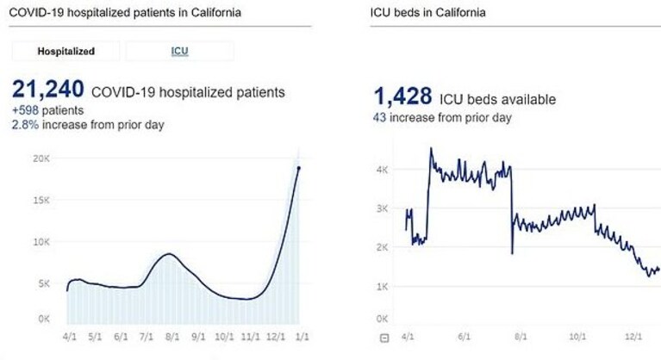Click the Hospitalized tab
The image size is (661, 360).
65,52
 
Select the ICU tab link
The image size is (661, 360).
179,52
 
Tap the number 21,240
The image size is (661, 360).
48,90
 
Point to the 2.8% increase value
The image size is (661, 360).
25,125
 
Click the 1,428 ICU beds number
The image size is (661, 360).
403,96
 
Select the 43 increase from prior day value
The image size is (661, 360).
379,117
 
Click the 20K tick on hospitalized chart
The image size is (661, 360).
41,158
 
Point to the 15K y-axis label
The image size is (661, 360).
41,201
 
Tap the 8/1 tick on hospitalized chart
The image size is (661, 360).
172,337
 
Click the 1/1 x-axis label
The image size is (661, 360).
302,337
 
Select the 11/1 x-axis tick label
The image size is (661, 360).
250,337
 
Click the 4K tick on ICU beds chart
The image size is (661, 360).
383,170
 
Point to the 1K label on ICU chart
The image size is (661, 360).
383,287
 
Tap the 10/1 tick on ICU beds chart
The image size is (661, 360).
577,337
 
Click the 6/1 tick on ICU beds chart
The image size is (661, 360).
465,337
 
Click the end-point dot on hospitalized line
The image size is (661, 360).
299,168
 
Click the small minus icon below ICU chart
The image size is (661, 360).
384,338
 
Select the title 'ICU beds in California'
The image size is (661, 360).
427,13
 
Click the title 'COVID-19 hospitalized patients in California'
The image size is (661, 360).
125,13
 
